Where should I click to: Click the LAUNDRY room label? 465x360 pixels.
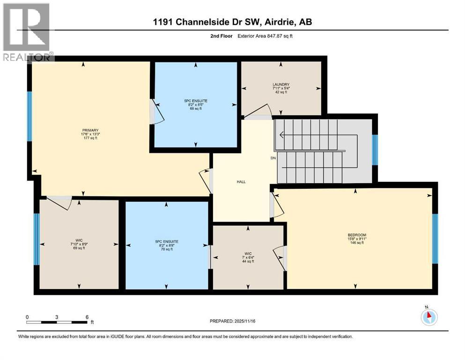pos(281,84)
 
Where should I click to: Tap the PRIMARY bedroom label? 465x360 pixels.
pos(90,130)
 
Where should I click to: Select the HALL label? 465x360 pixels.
pos(241,182)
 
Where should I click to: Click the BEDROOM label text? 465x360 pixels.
pos(357,235)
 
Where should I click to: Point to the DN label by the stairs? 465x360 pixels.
pos(273,158)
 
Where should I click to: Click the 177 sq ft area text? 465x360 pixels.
pos(90,138)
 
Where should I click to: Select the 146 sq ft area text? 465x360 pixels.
pos(357,243)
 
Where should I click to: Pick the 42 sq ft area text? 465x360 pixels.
pos(281,92)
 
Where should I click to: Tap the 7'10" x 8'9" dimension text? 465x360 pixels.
pos(79,244)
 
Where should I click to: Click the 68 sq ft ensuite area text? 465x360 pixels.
pos(196,108)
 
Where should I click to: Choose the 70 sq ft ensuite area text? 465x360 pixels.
pos(167,249)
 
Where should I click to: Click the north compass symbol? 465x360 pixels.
pos(429,316)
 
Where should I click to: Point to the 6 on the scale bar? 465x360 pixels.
pos(87,317)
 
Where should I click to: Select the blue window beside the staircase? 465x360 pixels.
pos(375,150)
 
